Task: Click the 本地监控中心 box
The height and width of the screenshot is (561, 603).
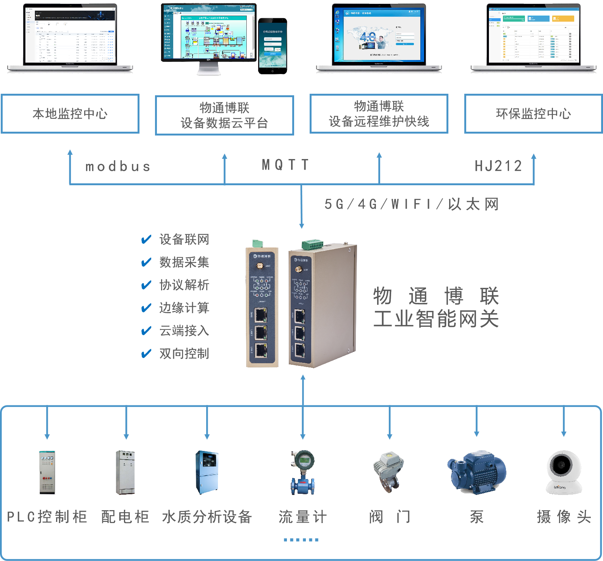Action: point(70,113)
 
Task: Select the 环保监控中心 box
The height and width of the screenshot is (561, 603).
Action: point(533,113)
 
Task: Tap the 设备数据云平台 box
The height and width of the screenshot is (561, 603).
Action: point(224,115)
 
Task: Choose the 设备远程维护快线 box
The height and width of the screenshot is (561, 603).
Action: point(379,114)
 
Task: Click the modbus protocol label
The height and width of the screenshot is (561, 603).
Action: point(118,167)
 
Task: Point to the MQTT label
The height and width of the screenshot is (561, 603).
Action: point(285,165)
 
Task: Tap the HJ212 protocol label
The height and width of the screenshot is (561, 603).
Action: point(498,166)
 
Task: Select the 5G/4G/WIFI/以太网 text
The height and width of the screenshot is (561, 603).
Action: point(411,204)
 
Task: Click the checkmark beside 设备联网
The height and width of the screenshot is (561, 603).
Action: point(146,240)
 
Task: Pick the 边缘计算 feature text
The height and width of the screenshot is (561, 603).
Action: point(184,308)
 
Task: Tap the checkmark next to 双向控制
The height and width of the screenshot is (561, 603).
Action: point(146,354)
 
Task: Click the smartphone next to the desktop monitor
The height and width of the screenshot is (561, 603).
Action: point(273,46)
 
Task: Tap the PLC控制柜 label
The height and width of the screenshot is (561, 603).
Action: point(47,517)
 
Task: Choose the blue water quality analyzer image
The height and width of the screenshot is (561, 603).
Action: point(207,472)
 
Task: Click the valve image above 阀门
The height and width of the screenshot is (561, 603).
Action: point(388,472)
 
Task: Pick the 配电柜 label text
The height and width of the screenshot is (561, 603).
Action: point(125,517)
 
